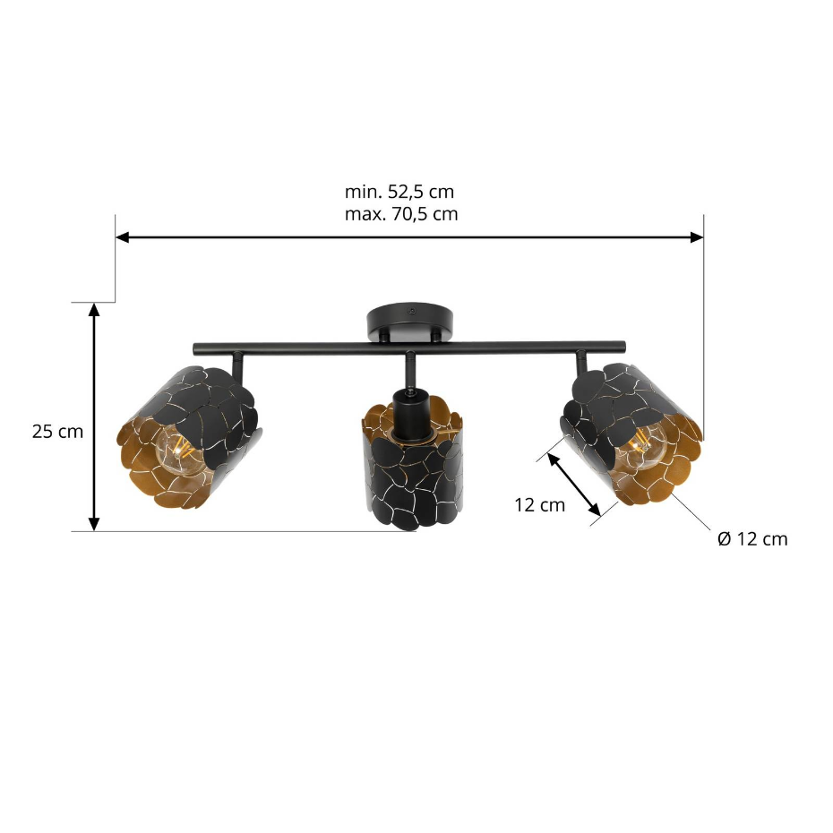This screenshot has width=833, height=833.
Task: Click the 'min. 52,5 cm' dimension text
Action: [399, 192]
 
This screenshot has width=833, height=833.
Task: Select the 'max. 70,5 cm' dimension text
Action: [401, 213]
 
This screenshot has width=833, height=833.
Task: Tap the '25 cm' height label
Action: [57, 432]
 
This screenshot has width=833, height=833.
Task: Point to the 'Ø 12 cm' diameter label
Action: [752, 538]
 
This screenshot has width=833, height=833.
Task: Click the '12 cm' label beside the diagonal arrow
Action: [539, 504]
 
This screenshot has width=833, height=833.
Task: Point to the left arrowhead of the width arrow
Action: [122, 237]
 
